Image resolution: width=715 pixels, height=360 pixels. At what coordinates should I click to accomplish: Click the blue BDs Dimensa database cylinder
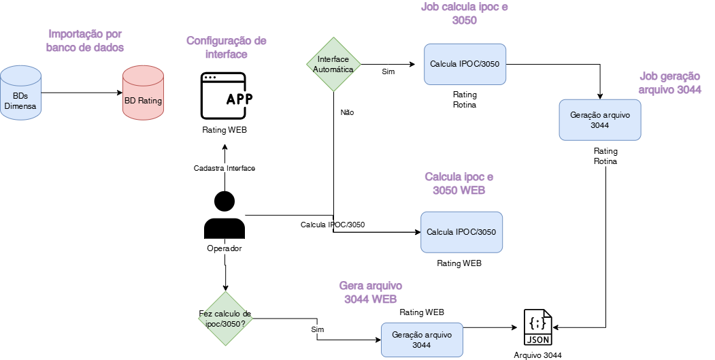[x=20, y=92]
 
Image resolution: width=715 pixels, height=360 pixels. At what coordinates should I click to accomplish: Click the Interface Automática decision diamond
[x=333, y=65]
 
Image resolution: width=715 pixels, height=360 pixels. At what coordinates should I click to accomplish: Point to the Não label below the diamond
[x=347, y=112]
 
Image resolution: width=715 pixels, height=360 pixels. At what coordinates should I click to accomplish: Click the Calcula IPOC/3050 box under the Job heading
[x=465, y=65]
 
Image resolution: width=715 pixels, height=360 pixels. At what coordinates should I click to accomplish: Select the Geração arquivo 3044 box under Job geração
[x=599, y=120]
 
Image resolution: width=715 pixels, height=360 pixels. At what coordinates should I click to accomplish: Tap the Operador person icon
[x=224, y=215]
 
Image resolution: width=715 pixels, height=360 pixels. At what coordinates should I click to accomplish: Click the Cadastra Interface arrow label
[x=225, y=168]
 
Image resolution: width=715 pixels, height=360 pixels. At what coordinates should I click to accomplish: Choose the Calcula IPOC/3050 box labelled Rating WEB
[x=461, y=232]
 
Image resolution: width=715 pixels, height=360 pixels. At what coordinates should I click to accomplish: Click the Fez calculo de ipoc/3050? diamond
[x=225, y=318]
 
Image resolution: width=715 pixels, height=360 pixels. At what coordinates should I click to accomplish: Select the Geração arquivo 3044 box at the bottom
[x=421, y=340]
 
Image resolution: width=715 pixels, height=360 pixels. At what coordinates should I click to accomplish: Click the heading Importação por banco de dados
[x=86, y=40]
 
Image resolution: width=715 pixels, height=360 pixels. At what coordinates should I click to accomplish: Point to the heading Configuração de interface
[x=227, y=47]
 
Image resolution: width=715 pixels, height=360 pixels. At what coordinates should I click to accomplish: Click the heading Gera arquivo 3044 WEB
[x=371, y=292]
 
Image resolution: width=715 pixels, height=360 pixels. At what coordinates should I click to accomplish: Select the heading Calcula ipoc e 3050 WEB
[x=459, y=183]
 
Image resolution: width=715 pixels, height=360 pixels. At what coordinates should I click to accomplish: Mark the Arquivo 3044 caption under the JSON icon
[x=537, y=355]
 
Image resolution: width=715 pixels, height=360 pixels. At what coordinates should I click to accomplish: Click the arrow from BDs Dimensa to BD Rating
[x=82, y=93]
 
